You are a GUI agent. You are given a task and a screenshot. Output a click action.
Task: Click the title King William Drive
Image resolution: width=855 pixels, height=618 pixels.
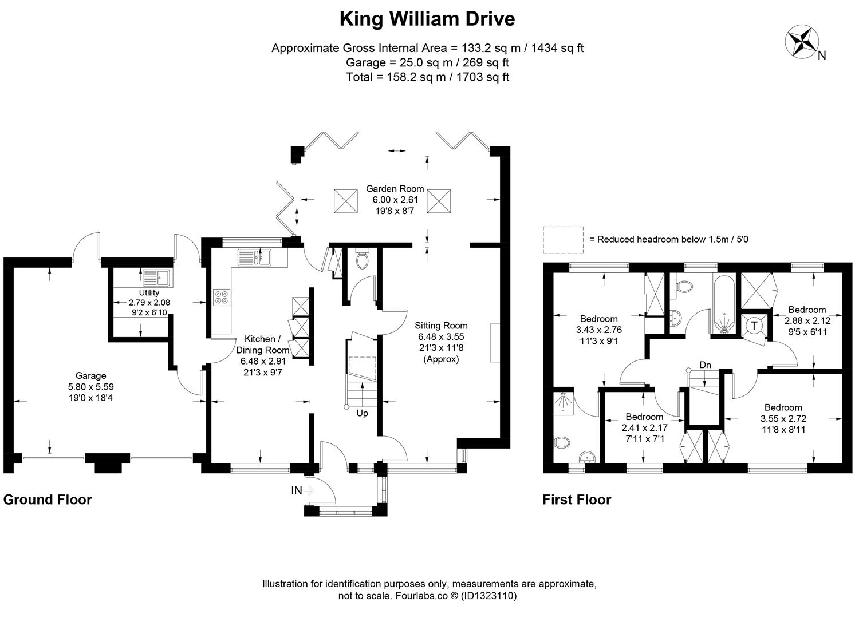click(x=427, y=19)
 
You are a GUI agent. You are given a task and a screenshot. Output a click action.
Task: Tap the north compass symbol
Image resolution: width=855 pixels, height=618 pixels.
click(x=802, y=42)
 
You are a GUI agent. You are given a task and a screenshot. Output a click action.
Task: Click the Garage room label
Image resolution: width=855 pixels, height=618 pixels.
click(x=91, y=387)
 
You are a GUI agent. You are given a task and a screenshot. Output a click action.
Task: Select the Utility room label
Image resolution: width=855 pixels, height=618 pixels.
click(x=149, y=303)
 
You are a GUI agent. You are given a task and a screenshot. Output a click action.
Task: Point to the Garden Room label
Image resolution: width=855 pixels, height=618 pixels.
click(x=395, y=200)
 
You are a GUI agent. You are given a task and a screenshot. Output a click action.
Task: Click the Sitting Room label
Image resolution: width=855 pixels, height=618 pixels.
click(x=441, y=342)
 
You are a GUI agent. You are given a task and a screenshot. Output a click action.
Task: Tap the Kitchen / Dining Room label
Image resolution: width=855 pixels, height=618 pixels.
click(x=263, y=355)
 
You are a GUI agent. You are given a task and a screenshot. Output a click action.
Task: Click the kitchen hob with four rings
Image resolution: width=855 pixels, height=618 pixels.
click(x=222, y=298)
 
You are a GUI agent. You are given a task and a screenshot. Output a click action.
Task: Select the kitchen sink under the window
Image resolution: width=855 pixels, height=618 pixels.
click(x=254, y=257)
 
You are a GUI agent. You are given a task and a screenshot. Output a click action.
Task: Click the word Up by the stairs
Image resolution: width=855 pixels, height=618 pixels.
click(x=362, y=413)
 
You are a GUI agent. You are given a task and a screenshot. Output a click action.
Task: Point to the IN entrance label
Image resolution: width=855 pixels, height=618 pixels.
click(x=297, y=490)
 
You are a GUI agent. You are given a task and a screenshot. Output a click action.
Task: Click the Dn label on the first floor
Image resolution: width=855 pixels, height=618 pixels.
click(x=706, y=365)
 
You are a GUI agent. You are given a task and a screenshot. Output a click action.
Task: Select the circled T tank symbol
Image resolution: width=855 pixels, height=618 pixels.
click(x=754, y=326)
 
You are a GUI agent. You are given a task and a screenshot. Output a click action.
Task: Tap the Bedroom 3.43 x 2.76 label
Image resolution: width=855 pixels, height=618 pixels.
click(x=599, y=330)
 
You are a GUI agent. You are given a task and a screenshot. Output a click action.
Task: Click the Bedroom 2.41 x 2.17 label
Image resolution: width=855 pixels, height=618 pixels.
click(x=645, y=427)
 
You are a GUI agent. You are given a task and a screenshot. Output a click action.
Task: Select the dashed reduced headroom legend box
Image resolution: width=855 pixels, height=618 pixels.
click(x=564, y=240)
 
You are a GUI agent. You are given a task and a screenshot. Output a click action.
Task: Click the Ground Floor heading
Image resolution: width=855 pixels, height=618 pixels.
click(x=48, y=500)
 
